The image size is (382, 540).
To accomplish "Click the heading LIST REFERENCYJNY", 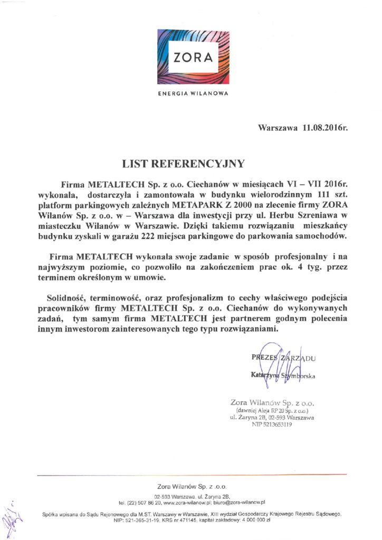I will [191, 163].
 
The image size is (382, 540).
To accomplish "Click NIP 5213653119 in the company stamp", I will [272, 425].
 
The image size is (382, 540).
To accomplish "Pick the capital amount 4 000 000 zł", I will [251, 520].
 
